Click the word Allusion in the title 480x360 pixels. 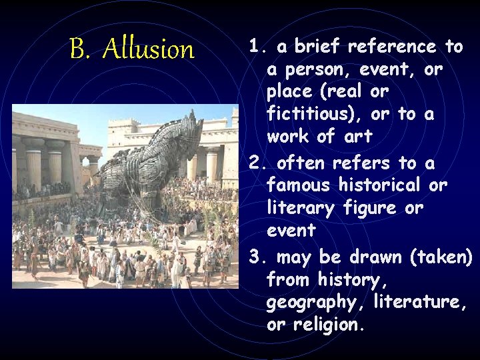coord(149,49)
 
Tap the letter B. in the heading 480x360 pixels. coord(80,49)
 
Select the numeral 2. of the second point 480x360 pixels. coord(257,163)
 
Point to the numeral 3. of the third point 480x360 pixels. coord(257,257)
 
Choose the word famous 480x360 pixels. coord(297,185)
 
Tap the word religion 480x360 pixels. coord(329,325)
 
